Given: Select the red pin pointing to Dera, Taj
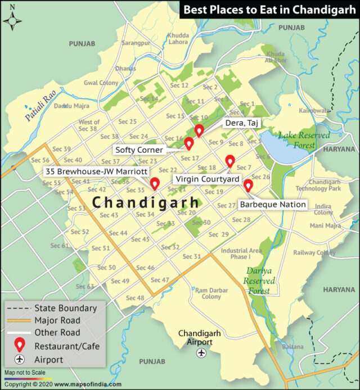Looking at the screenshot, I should tap(199, 130).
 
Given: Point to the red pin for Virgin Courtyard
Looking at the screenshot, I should tap(229, 161).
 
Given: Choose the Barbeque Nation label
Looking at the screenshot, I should tap(273, 205).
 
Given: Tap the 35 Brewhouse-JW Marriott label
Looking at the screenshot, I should tap(96, 171).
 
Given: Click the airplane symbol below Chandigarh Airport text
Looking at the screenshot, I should tap(201, 353).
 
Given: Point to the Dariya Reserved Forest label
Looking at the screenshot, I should tap(259, 280).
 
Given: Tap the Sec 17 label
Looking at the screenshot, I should tap(190, 158).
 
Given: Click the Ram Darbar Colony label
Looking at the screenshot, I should tap(211, 293).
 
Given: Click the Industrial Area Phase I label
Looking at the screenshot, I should tap(235, 253).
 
